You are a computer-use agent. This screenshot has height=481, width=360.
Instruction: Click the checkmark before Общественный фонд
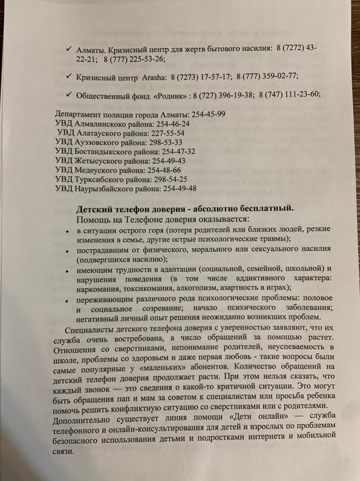tap(68, 94)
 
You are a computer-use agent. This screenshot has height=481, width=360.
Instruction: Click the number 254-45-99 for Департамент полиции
tap(209, 114)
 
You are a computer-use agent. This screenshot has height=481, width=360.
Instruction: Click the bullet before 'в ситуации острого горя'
tap(67, 232)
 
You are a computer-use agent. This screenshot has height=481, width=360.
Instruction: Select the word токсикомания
tap(147, 289)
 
